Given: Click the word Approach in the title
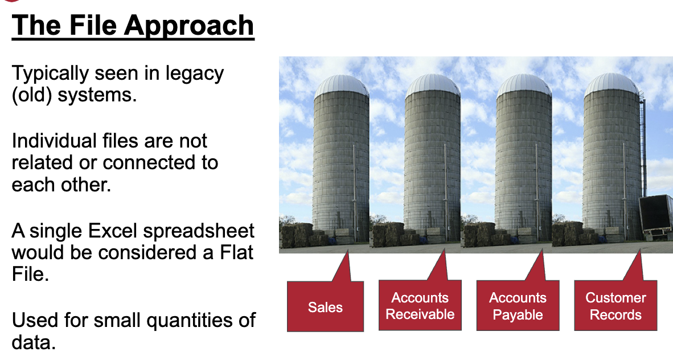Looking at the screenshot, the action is pos(189,26).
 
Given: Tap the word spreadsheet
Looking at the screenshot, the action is pos(199,232).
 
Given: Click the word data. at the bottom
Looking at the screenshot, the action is pos(34,342).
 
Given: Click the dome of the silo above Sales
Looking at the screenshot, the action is pos(342,85).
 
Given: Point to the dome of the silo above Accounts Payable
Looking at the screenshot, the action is pos(524,84).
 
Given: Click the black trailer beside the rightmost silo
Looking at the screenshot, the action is pos(656,215).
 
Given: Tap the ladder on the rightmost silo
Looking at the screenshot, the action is pos(643,146).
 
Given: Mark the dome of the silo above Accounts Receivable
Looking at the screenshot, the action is pos(433,84).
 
